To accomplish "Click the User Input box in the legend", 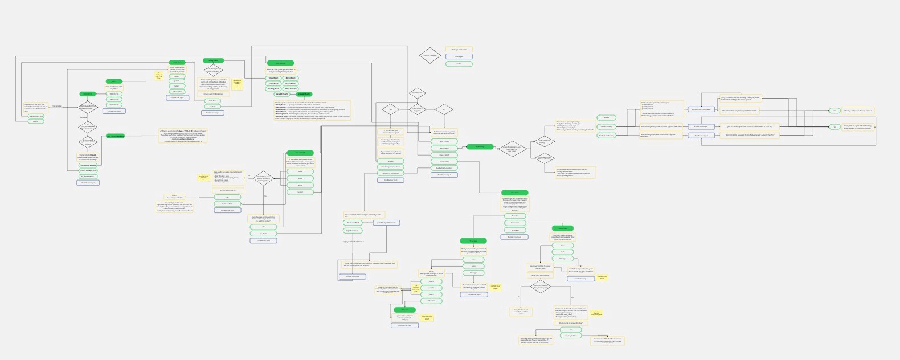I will pyautogui.click(x=459, y=56).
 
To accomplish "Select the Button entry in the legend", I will pyautogui.click(x=459, y=64).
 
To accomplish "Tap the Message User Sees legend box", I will pyautogui.click(x=459, y=50).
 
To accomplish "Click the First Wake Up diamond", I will pyautogui.click(x=418, y=93).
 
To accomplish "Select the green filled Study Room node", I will pyautogui.click(x=213, y=60).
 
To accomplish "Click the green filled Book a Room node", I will pyautogui.click(x=280, y=63).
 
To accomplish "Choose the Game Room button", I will pyautogui.click(x=273, y=84).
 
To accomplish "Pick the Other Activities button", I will pyautogui.click(x=290, y=89).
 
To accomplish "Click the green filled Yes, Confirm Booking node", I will pyautogui.click(x=115, y=136).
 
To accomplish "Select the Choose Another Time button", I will pyautogui.click(x=88, y=170).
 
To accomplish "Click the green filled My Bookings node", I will pyautogui.click(x=480, y=146).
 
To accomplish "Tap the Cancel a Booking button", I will pyautogui.click(x=606, y=126).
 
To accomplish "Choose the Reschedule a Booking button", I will pyautogui.click(x=606, y=136).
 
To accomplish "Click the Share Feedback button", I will pyautogui.click(x=353, y=223).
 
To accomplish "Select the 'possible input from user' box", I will pyautogui.click(x=387, y=223).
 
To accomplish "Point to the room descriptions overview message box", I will pyautogui.click(x=312, y=111).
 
